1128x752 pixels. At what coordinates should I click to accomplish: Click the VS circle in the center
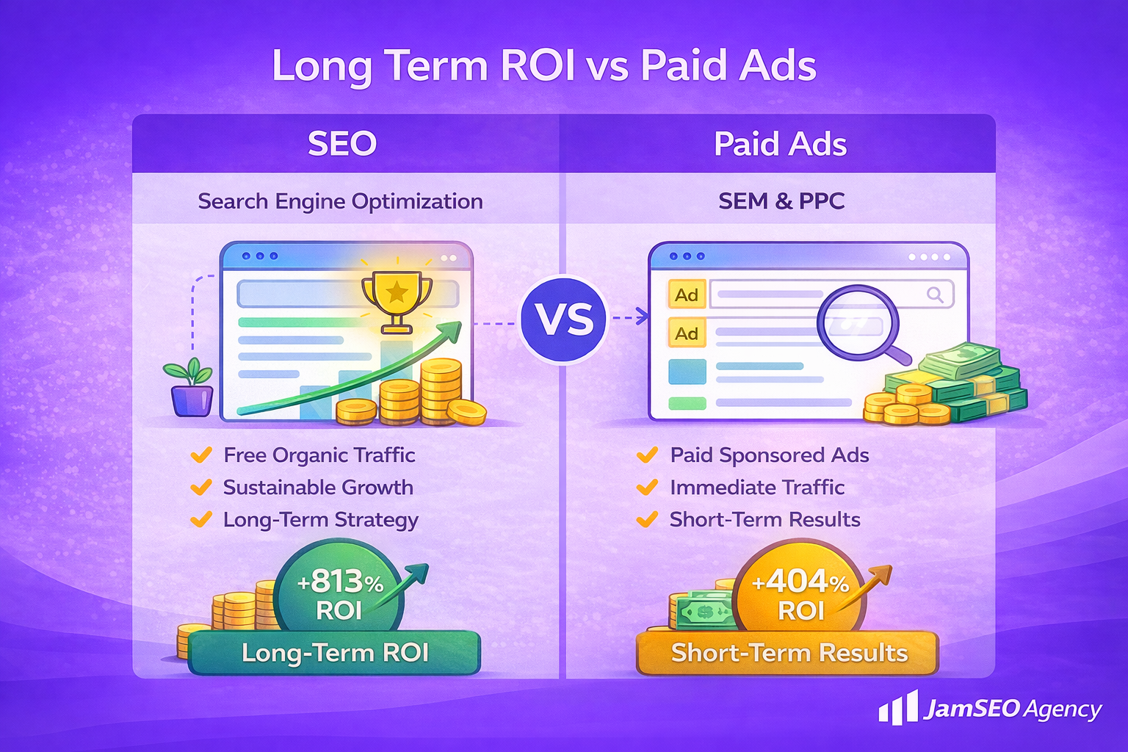pos(564,319)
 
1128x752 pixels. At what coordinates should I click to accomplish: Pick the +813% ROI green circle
pos(339,592)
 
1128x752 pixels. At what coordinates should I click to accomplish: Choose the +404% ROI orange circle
pos(800,592)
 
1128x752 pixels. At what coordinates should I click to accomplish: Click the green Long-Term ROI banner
pos(334,652)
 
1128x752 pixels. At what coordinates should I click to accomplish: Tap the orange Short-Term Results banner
pos(788,652)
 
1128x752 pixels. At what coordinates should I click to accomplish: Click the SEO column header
pos(342,143)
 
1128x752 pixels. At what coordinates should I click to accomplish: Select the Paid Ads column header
pos(780,144)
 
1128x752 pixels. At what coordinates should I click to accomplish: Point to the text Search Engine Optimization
pos(340,201)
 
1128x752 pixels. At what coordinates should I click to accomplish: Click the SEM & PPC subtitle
pos(781,201)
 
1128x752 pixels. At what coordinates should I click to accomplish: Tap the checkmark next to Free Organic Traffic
pos(200,455)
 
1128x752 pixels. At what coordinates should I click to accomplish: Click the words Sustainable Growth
pos(318,488)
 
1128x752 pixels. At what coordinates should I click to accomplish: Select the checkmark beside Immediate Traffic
pos(647,488)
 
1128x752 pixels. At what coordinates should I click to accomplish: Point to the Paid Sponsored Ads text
pos(769,455)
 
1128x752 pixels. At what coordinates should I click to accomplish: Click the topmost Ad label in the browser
pos(687,294)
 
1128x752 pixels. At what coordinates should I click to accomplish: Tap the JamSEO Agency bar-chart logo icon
pos(898,708)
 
